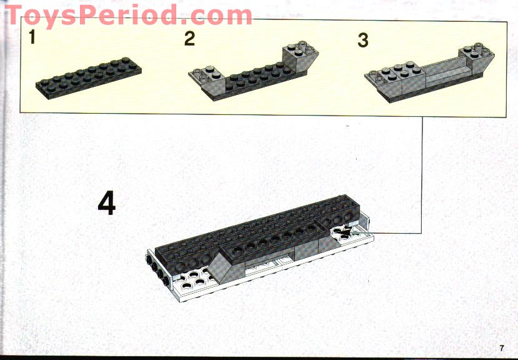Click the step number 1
32,39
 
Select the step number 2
189,39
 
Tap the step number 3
363,40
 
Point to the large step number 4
107,204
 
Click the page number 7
501,347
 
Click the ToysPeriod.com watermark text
128,15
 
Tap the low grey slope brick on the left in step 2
208,80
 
